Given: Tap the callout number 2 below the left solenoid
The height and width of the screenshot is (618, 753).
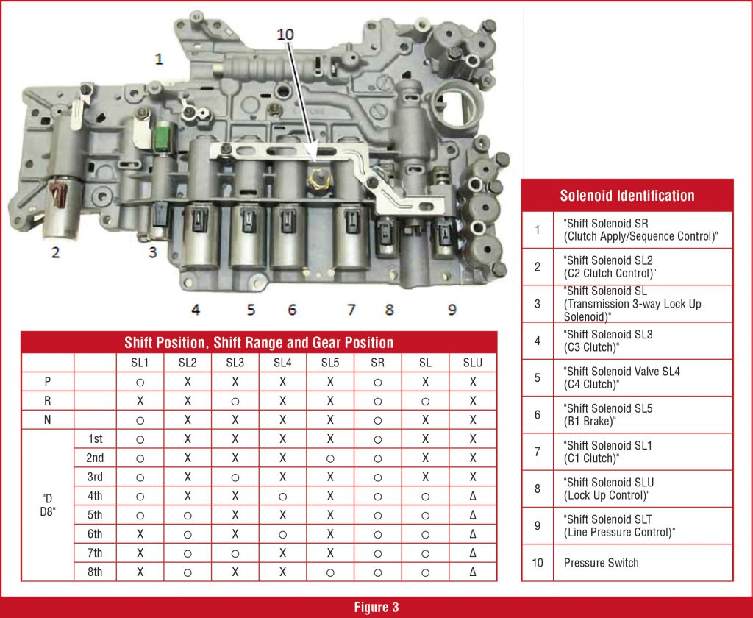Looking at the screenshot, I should [55, 253].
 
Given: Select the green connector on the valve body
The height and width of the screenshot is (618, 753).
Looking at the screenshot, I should [161, 136].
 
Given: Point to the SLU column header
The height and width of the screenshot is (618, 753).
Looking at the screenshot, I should [472, 362].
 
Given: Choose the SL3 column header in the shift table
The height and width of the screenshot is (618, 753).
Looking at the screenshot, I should [235, 362].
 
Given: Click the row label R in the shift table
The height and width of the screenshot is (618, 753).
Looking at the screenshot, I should [47, 401].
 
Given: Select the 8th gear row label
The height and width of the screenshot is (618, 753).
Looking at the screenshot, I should [94, 572].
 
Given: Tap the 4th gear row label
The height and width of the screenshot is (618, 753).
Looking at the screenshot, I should [94, 495].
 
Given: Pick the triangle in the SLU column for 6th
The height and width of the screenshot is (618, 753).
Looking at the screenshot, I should [472, 533].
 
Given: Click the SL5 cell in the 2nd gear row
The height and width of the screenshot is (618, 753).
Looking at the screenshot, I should [329, 458].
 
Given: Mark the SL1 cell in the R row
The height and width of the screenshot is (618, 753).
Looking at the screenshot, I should [140, 401].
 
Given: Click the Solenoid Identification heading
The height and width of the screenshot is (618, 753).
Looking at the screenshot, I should [627, 196].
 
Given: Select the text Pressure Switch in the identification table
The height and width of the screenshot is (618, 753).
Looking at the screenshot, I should [601, 563].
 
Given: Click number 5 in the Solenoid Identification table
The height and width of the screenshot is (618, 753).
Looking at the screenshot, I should [537, 377].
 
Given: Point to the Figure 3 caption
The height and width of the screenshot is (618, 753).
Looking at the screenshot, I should [376, 607].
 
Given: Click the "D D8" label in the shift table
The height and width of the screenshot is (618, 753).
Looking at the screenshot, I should [47, 505].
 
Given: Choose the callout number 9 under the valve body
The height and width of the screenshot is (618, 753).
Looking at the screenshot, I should [452, 310].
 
